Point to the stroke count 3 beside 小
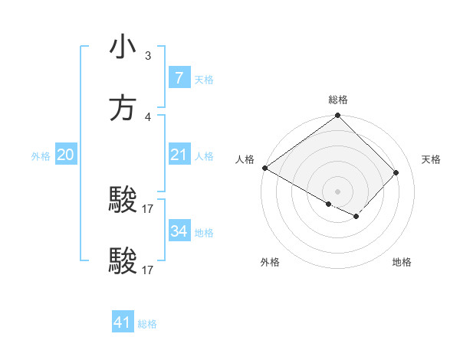148,55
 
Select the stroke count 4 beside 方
148,117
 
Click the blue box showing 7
179,78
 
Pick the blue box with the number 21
179,155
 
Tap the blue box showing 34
179,231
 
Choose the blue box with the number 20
65,155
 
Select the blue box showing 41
123,322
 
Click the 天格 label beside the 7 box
204,80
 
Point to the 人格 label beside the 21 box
204,156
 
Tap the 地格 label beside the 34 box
204,233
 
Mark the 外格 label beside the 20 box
41,156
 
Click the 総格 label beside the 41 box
147,324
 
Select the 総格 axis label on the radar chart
338,100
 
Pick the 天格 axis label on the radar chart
432,159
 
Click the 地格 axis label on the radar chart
402,262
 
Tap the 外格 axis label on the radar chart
270,262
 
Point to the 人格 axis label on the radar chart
245,159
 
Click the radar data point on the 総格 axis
338,116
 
